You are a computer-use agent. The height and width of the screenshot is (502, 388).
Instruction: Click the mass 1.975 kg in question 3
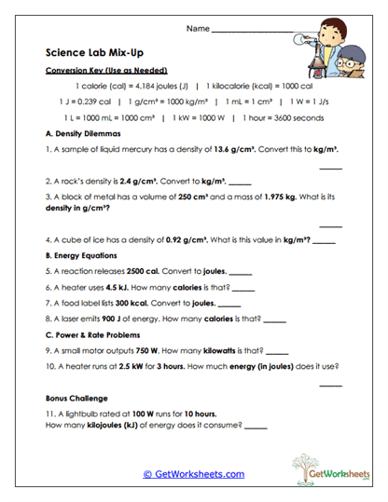click(285, 198)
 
